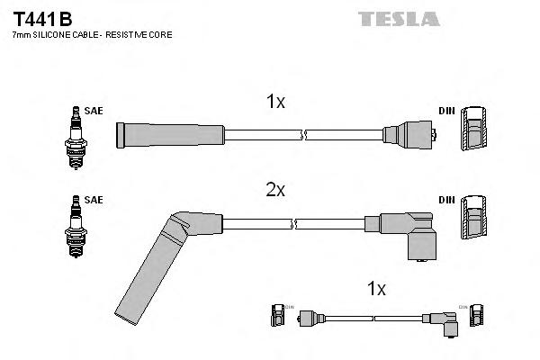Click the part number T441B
coord(42,17)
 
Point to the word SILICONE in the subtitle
coord(58,34)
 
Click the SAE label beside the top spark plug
coord(94,111)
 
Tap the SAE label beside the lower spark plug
coord(94,200)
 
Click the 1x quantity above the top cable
coord(275,103)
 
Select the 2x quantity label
coord(275,191)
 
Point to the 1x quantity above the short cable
coord(377,289)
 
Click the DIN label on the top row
coord(445,111)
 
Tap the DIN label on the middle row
coord(445,200)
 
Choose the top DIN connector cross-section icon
coord(474,132)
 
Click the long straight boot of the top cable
coord(169,135)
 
